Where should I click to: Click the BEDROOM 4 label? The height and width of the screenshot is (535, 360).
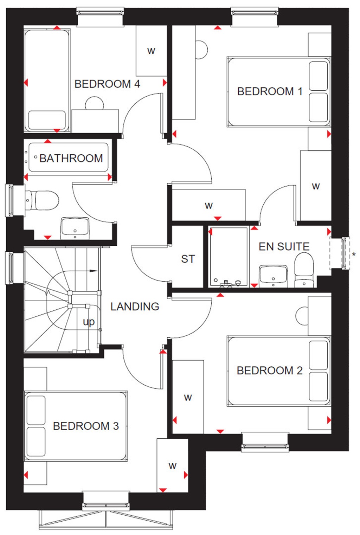(x=107, y=84)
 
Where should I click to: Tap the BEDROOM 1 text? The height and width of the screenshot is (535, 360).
(x=270, y=91)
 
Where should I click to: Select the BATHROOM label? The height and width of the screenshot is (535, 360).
(x=71, y=158)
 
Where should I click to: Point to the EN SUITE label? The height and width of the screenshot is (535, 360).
(x=284, y=246)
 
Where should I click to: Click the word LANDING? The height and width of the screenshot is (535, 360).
(x=135, y=307)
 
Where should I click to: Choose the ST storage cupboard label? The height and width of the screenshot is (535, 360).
(x=188, y=259)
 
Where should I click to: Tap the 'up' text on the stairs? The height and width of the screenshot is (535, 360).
(x=89, y=322)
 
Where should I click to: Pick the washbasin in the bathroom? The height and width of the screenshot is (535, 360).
(x=75, y=227)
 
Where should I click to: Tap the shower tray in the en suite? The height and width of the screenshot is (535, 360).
(x=229, y=257)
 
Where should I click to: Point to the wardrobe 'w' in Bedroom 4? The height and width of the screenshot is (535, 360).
(x=151, y=51)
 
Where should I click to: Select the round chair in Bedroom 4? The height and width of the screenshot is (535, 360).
(x=95, y=103)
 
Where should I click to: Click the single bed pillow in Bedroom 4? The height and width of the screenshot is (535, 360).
(x=47, y=120)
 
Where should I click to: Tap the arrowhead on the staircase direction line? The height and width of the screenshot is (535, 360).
(x=94, y=271)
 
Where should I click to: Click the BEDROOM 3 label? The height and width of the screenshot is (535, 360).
(x=86, y=426)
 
